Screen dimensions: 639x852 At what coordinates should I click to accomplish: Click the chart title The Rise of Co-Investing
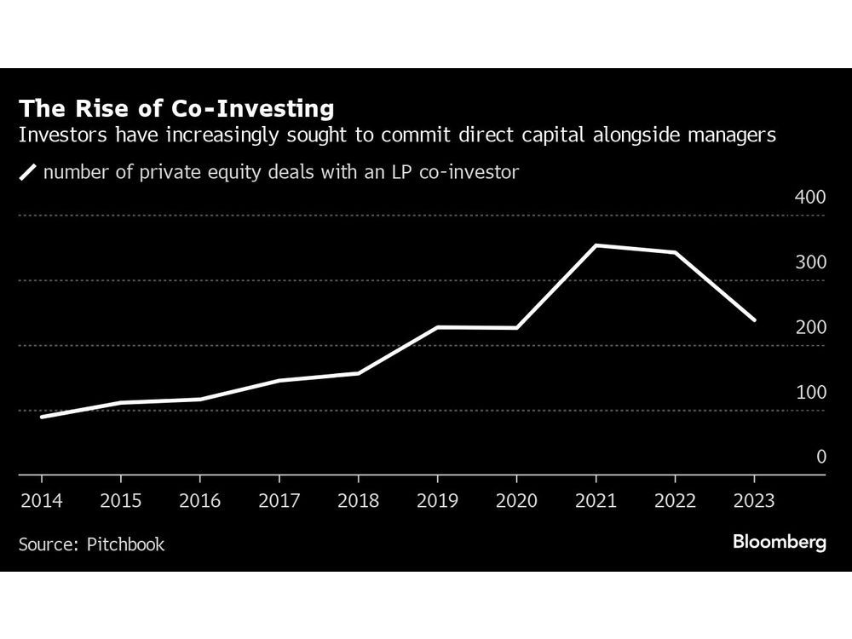point(176,108)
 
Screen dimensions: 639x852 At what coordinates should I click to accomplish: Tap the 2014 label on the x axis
point(41,500)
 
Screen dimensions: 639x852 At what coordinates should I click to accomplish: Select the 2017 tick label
point(279,500)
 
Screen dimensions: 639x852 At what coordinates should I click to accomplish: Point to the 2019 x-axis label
point(437,500)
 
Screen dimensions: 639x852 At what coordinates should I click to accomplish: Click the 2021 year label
point(596,500)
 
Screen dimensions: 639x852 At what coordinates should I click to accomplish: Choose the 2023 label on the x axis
point(753,500)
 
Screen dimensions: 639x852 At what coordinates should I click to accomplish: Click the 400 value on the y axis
point(810,198)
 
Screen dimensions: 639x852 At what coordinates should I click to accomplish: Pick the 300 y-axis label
point(810,262)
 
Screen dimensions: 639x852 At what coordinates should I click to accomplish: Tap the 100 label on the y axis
point(810,393)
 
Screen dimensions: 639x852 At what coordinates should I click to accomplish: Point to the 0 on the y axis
point(821,458)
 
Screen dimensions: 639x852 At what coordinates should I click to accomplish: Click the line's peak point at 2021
point(596,245)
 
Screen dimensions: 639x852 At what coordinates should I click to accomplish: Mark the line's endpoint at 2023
point(754,320)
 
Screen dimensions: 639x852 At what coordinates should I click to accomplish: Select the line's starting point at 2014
point(41,417)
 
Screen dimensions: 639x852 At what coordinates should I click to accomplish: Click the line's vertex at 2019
point(437,327)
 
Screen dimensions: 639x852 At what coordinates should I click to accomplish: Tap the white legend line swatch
point(29,172)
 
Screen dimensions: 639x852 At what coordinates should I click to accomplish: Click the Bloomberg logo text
point(780,543)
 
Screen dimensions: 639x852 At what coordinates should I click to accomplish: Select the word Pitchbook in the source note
point(125,544)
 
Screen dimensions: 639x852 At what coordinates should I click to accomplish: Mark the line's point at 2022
point(675,253)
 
